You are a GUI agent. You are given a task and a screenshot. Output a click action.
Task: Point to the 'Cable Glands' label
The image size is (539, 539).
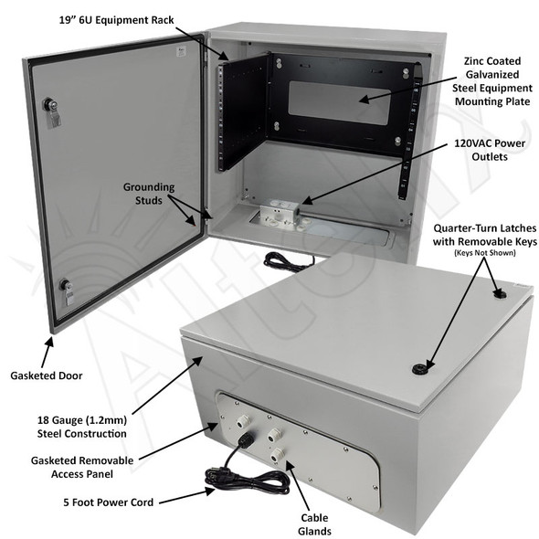[318, 524]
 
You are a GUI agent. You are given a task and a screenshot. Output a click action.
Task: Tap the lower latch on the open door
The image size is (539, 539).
[66, 291]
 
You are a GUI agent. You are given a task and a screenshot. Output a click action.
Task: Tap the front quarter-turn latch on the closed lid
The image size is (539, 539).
[420, 369]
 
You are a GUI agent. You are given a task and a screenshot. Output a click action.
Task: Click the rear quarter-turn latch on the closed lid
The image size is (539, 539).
[500, 294]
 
